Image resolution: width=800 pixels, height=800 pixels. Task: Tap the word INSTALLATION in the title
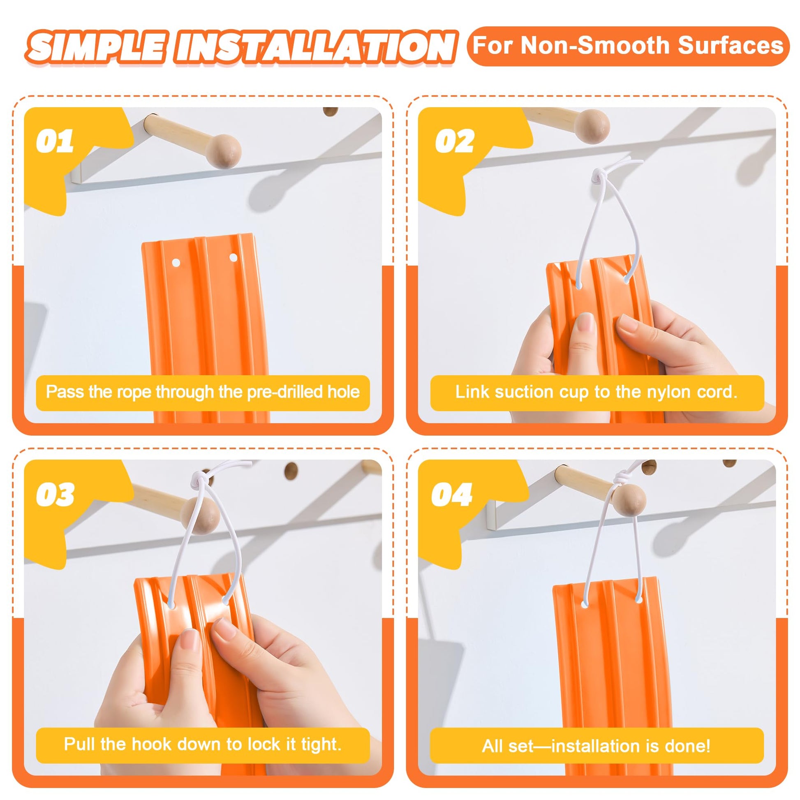[315, 47]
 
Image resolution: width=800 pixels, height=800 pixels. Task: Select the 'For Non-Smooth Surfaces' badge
[628, 46]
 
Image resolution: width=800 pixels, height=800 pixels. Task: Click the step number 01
[55, 141]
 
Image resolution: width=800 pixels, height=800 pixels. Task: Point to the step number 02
[454, 141]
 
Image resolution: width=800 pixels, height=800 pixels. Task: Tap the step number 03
[55, 495]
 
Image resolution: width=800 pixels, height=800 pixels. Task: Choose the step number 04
[452, 495]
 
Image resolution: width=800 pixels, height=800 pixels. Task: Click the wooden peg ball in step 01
[224, 151]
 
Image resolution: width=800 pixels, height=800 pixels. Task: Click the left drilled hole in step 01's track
[176, 263]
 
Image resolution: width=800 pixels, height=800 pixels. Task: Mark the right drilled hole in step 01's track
[233, 258]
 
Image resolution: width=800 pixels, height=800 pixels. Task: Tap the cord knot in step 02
[599, 177]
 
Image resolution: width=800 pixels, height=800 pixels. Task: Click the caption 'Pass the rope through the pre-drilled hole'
[203, 392]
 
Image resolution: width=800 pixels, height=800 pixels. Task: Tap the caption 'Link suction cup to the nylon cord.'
[597, 392]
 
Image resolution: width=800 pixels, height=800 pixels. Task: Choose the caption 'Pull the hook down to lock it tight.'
[203, 744]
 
